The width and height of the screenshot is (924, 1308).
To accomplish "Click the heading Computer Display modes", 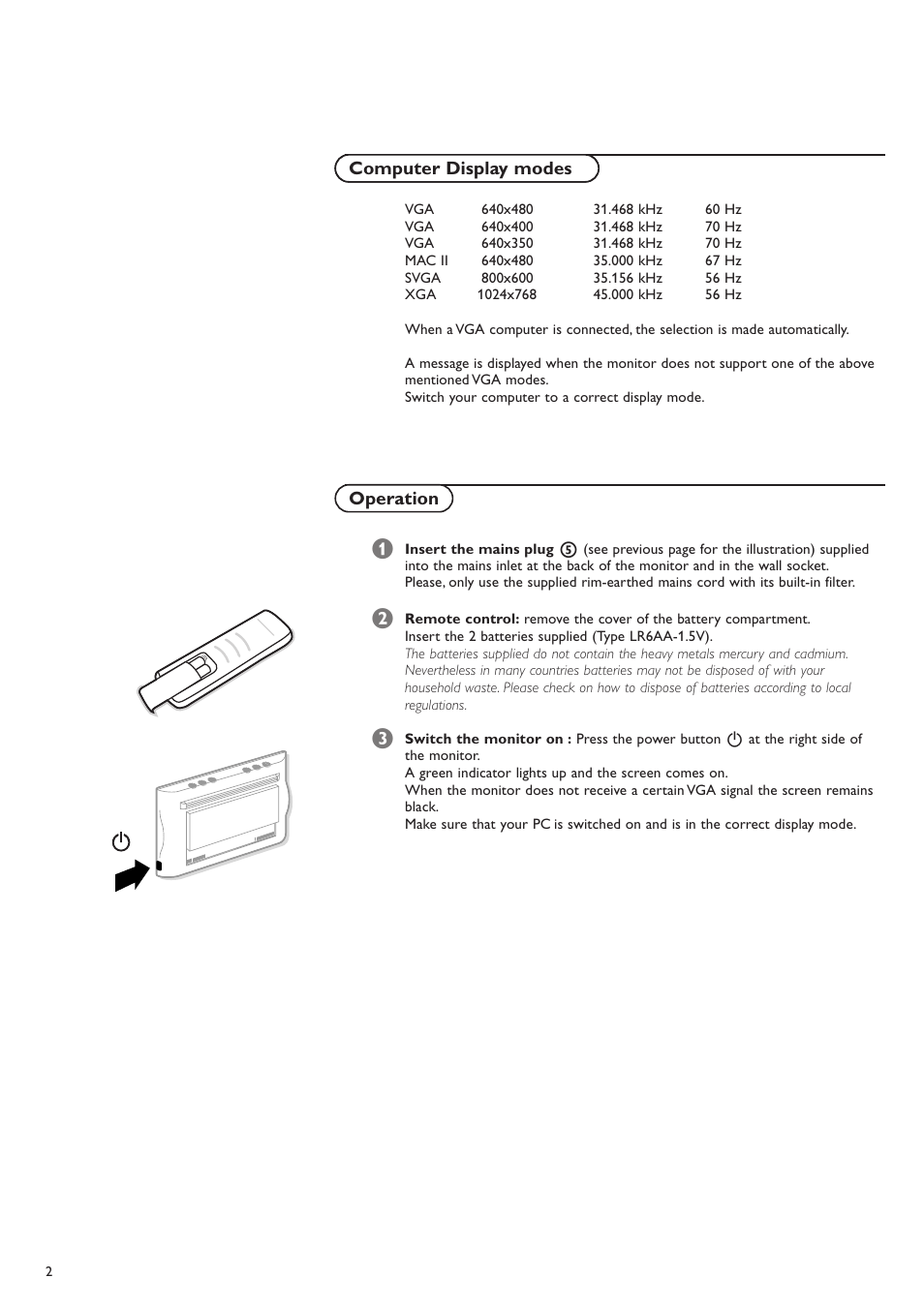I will coord(461,168).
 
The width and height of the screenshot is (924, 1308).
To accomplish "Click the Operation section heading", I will coord(393,499).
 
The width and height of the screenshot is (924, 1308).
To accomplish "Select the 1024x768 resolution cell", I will coord(506,294).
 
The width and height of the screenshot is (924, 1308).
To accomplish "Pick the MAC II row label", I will coord(426,260).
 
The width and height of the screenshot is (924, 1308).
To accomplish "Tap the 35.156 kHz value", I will coord(628,278).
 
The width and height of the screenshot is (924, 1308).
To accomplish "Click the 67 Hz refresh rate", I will coord(723,260).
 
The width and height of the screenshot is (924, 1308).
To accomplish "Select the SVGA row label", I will coord(422,278).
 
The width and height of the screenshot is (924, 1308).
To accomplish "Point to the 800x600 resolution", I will coord(507,278).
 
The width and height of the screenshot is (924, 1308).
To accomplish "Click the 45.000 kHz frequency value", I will coord(628,294).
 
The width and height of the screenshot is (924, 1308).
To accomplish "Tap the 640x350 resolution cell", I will coord(507,243).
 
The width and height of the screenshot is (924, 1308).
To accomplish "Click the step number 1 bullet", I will coord(383,549).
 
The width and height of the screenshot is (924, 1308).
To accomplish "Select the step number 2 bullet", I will coord(383,619).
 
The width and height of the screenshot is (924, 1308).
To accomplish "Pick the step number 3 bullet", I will coord(383,739).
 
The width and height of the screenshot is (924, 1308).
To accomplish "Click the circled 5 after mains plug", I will coord(569,549).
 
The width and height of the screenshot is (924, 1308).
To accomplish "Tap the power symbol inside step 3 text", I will coord(734,739).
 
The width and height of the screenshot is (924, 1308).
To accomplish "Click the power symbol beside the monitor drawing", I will coord(121,841).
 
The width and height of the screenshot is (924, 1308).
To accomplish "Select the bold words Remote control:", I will coord(462,619).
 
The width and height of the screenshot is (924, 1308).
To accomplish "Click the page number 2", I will coord(49,1271).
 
